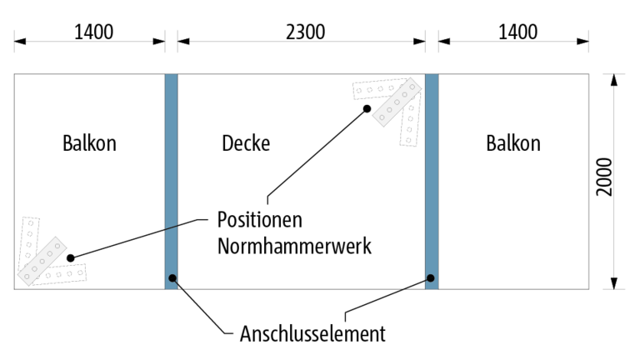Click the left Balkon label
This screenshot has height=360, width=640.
pyautogui.click(x=89, y=143)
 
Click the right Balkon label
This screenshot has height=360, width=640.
pyautogui.click(x=512, y=143)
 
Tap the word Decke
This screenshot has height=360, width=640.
pyautogui.click(x=246, y=143)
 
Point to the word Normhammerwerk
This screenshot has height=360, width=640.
pyautogui.click(x=293, y=247)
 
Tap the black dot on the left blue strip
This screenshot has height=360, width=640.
pyautogui.click(x=172, y=278)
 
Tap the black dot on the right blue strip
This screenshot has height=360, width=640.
pyautogui.click(x=432, y=278)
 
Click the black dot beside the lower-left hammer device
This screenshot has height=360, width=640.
pyautogui.click(x=72, y=257)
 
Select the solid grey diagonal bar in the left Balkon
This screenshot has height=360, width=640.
pyautogui.click(x=43, y=258)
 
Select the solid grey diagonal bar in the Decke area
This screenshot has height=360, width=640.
pyautogui.click(x=397, y=102)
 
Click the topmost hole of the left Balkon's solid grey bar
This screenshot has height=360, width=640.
pyautogui.click(x=59, y=244)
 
